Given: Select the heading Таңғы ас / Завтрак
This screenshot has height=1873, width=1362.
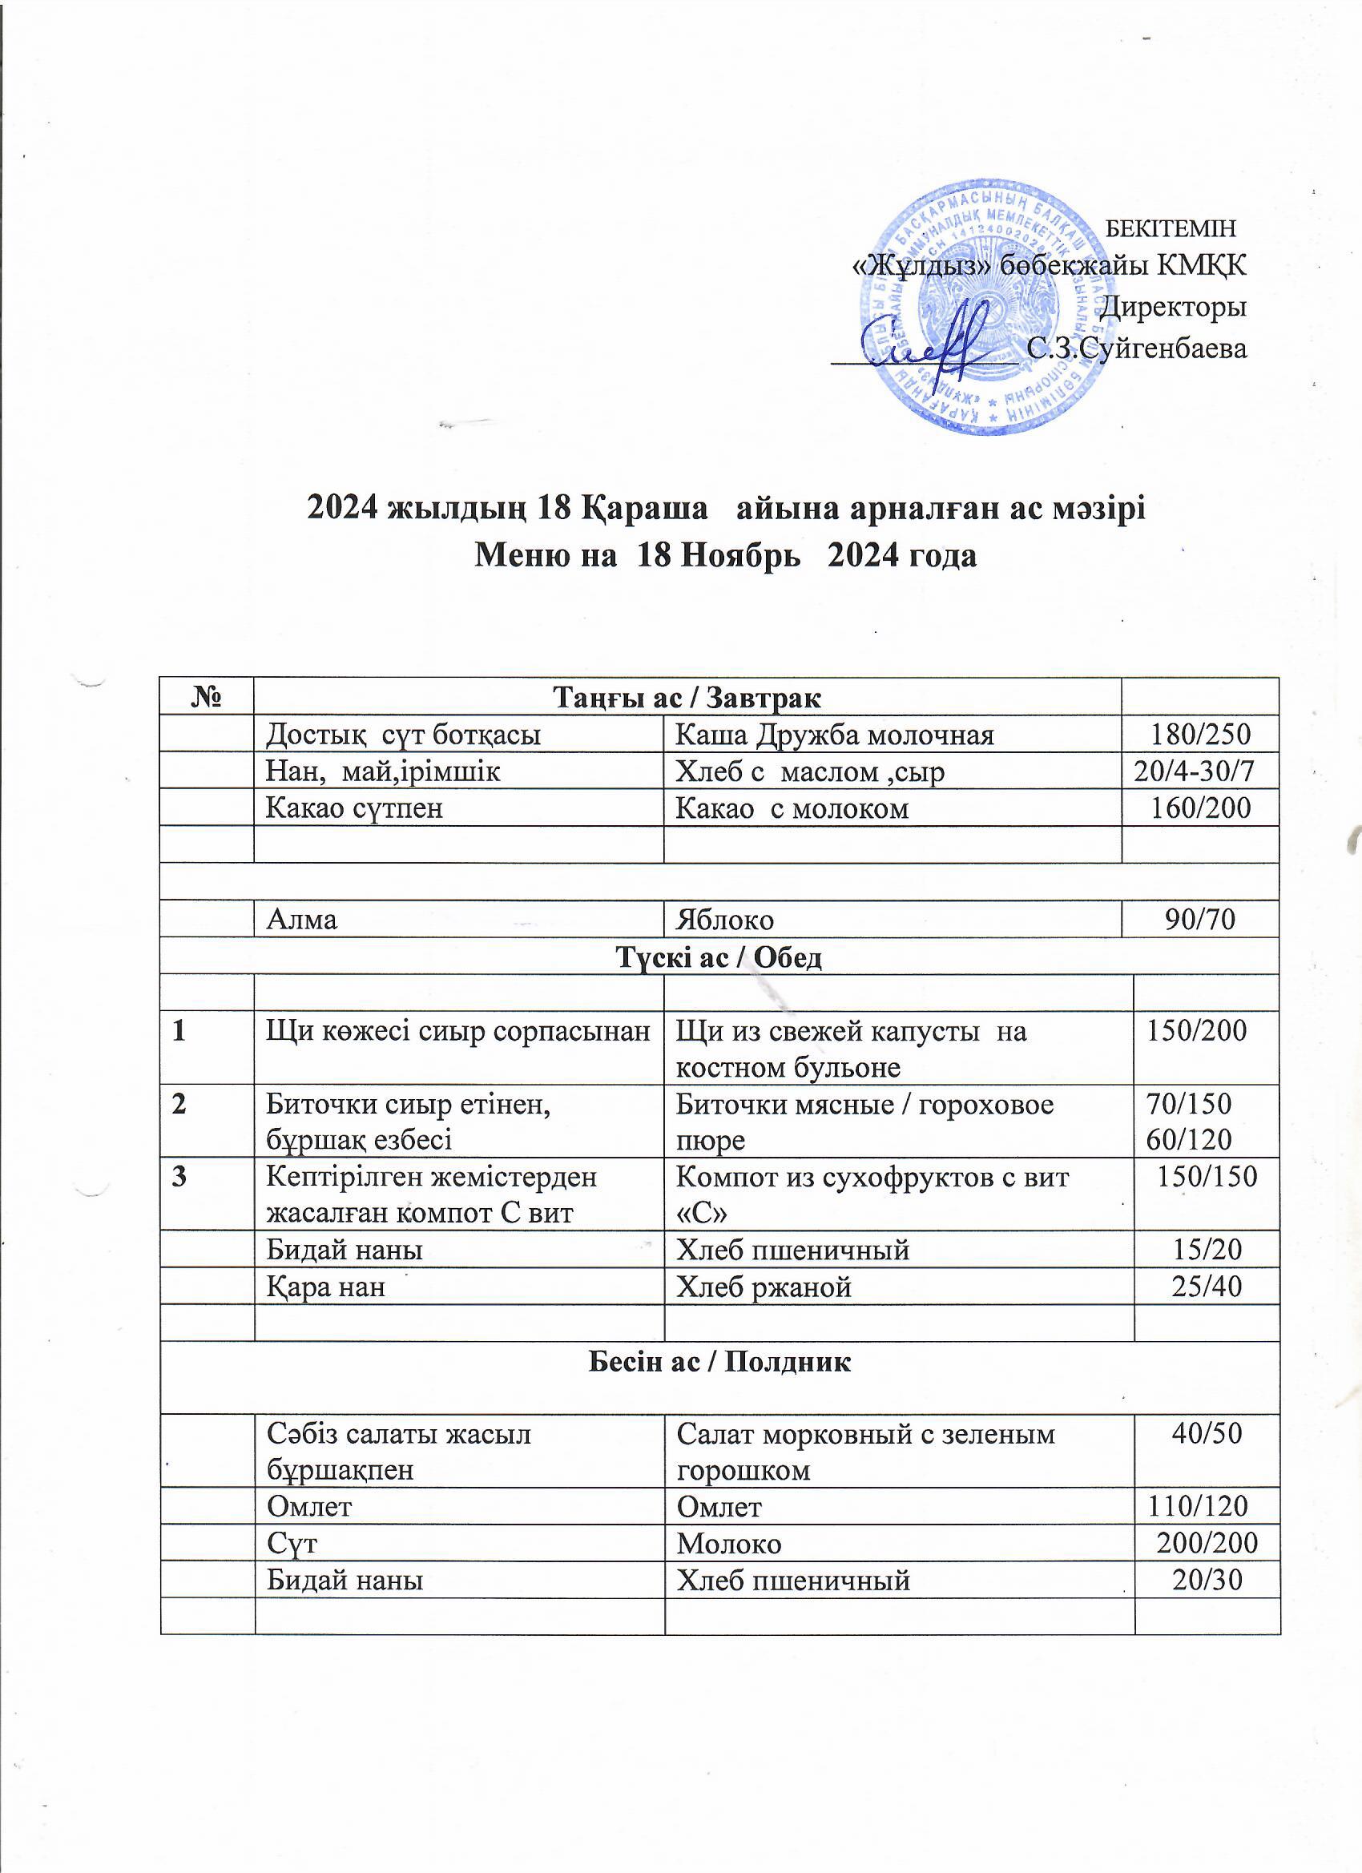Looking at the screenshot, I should click(687, 697).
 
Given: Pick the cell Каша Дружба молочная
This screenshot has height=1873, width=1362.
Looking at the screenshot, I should click(834, 734).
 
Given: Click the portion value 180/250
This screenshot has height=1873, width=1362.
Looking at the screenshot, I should click(1202, 734).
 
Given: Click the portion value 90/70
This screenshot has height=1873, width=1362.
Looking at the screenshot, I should click(1199, 919).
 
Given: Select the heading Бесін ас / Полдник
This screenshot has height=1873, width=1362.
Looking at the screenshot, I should click(719, 1363).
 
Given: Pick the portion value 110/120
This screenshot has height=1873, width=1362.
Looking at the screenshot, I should click(1197, 1507).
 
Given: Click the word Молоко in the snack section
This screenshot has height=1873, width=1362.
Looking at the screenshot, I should click(728, 1544).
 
